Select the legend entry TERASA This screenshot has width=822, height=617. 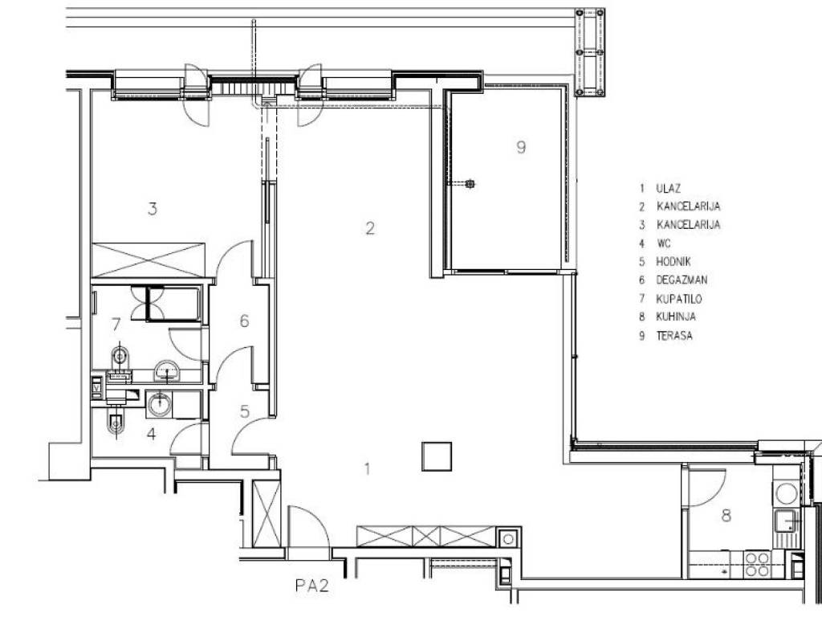674,336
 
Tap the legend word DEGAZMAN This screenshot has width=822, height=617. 682,280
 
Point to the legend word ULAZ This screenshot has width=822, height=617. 668,188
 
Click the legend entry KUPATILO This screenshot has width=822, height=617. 679,299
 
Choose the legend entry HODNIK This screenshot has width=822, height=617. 673,262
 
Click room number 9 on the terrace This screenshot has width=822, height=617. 520,147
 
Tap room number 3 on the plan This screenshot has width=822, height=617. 152,209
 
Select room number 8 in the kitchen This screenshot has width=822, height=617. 726,516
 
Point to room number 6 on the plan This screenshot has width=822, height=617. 244,321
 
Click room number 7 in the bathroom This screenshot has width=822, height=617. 116,325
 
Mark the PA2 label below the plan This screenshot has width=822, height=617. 312,586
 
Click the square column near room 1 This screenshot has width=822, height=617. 437,456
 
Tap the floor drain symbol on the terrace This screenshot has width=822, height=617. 470,184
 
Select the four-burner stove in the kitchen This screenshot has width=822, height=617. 758,564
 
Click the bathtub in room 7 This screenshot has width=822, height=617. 173,304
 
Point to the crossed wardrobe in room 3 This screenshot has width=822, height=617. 149,260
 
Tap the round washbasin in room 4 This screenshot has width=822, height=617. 159,405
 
